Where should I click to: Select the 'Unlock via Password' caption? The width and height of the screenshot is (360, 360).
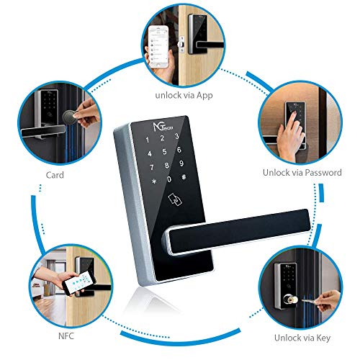[x=302, y=173]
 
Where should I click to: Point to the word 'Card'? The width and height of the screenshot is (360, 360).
[x=56, y=174]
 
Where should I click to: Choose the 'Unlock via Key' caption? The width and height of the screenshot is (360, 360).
[x=302, y=338]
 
